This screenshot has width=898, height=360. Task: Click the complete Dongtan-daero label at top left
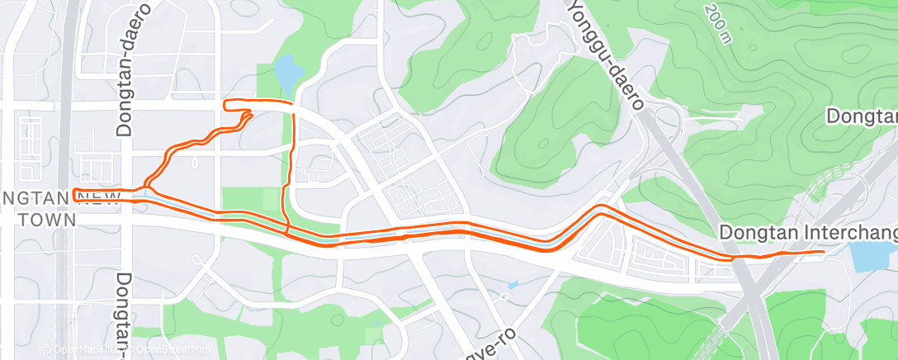click(x=125, y=69)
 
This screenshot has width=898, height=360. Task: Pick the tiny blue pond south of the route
click(x=513, y=286)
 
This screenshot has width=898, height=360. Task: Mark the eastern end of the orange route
click(x=823, y=252)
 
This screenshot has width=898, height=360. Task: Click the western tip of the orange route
click(x=74, y=196)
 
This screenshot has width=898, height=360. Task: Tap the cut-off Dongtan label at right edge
click(x=863, y=116)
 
